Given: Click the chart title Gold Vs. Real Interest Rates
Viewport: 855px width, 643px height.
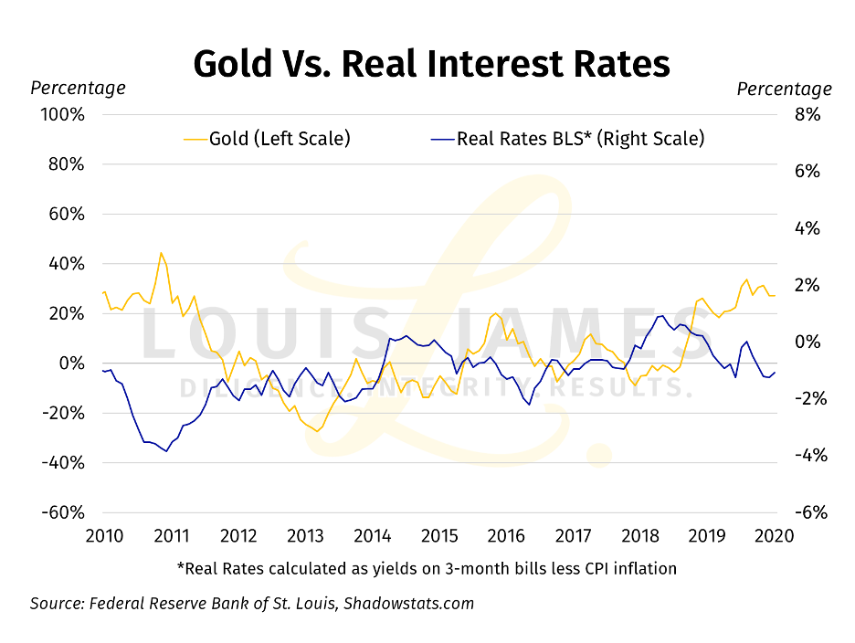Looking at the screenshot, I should coord(432,64).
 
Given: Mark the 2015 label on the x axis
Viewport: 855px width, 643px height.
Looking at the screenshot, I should coord(439,535).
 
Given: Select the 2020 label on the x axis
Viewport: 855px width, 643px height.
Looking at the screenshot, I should coord(775,535).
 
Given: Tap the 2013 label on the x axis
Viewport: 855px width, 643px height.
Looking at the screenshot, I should coord(305,535).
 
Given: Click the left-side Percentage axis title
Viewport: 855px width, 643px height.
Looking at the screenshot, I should coord(79,89).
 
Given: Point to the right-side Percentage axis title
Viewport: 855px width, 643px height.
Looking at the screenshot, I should coord(784,89).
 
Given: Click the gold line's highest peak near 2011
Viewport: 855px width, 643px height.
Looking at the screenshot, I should coord(161,253).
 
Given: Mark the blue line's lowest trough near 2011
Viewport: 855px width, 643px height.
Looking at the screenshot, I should coord(166,450).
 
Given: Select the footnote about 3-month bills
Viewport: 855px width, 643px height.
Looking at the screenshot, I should coord(427,568).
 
